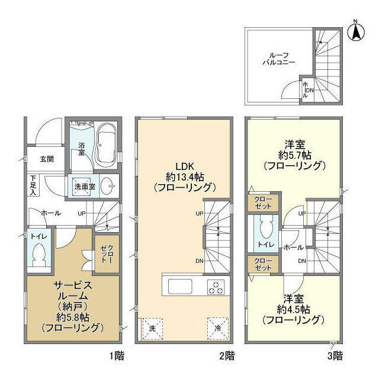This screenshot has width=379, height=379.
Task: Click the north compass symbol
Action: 356,31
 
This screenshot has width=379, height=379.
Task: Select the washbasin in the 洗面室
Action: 107,186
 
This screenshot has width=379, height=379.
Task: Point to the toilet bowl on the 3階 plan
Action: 266,227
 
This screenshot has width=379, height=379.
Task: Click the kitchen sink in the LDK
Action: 180,287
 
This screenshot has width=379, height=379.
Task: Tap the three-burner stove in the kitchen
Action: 216,287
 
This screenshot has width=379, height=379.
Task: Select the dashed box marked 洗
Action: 152,329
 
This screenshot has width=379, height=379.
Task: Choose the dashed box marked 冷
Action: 218,328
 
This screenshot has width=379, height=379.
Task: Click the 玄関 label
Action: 47,159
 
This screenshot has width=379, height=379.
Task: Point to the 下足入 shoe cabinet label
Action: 33,185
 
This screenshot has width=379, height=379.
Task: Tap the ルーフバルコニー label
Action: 279,59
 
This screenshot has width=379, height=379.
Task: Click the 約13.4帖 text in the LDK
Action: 185,177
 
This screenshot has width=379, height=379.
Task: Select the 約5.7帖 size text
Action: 295,155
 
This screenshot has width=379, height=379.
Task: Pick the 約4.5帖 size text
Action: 294,309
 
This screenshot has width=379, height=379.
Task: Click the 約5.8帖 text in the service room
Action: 72,317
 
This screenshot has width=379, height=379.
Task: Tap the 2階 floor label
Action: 227,356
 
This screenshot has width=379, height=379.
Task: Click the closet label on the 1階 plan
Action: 107,253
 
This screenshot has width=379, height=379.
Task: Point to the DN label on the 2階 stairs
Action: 200,261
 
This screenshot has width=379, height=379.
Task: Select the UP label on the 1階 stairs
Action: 82,214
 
